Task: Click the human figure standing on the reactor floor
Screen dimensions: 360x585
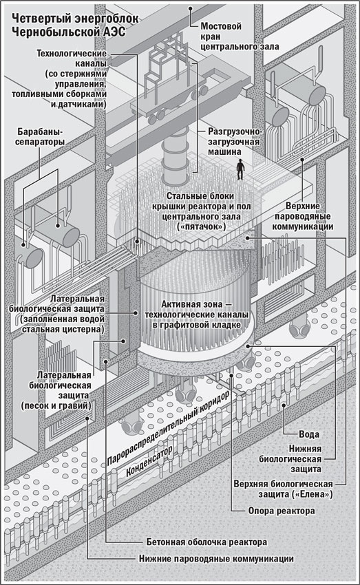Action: pyautogui.click(x=241, y=170)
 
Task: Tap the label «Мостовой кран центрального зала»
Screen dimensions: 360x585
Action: pyautogui.click(x=240, y=36)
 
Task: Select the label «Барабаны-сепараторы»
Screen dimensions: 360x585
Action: pyautogui.click(x=40, y=136)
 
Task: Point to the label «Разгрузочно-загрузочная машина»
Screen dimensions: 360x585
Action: pyautogui.click(x=235, y=142)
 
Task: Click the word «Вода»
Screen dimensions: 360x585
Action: pyautogui.click(x=309, y=434)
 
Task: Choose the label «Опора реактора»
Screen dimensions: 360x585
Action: pyautogui.click(x=282, y=511)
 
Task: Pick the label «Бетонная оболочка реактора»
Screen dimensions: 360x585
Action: pyautogui.click(x=207, y=542)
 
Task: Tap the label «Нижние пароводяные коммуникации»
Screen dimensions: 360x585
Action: pyautogui.click(x=216, y=559)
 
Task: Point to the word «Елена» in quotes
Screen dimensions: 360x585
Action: pyautogui.click(x=317, y=494)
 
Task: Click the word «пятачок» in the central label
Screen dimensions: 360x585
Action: pyautogui.click(x=202, y=226)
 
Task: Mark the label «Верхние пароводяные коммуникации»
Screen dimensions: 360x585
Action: pyautogui.click(x=302, y=216)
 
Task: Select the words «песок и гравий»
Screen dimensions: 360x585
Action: pyautogui.click(x=56, y=405)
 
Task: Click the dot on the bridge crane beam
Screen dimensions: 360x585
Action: pyautogui.click(x=190, y=8)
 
